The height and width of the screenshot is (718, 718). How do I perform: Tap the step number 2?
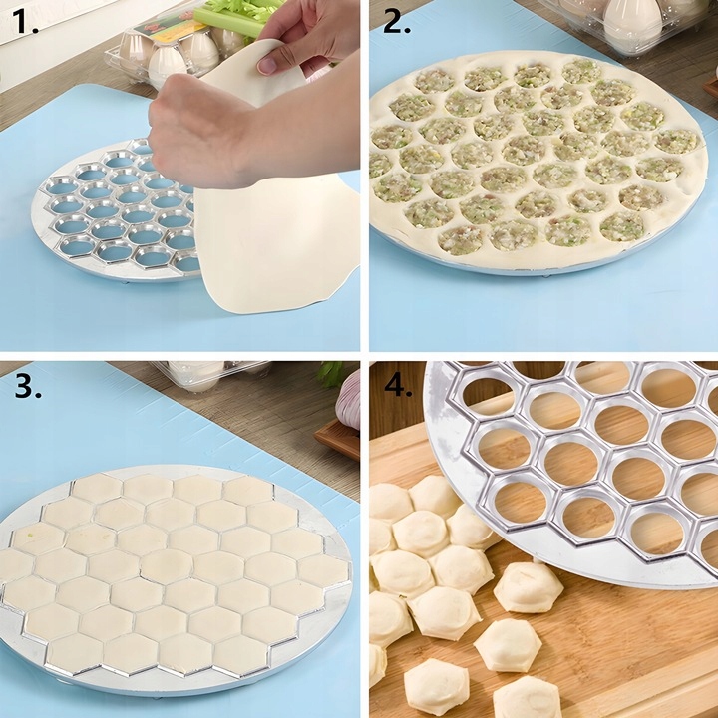[x=396, y=22]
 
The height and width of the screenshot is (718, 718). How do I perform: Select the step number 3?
[x=27, y=385]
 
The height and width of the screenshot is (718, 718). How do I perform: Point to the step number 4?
[x=398, y=385]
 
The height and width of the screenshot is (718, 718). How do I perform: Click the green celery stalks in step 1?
[x=239, y=15]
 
